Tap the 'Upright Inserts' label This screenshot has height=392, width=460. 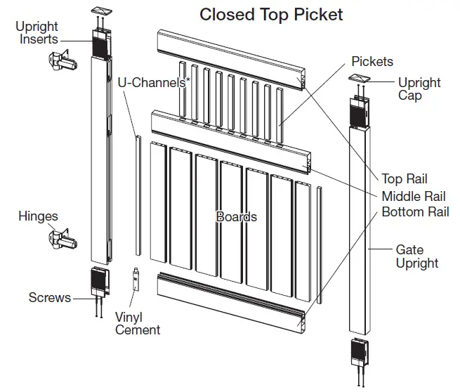(37, 33)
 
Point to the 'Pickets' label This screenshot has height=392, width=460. (372, 62)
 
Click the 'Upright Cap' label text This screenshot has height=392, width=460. (419, 89)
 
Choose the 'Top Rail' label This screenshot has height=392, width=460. (404, 179)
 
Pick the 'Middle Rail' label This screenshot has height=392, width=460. (414, 196)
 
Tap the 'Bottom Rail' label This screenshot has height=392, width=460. (415, 211)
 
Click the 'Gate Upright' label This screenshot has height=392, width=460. (416, 256)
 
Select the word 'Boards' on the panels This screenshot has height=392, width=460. (236, 217)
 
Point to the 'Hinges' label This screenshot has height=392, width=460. (38, 216)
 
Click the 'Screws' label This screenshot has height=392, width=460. (49, 297)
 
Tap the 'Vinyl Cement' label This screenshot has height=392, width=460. (138, 323)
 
